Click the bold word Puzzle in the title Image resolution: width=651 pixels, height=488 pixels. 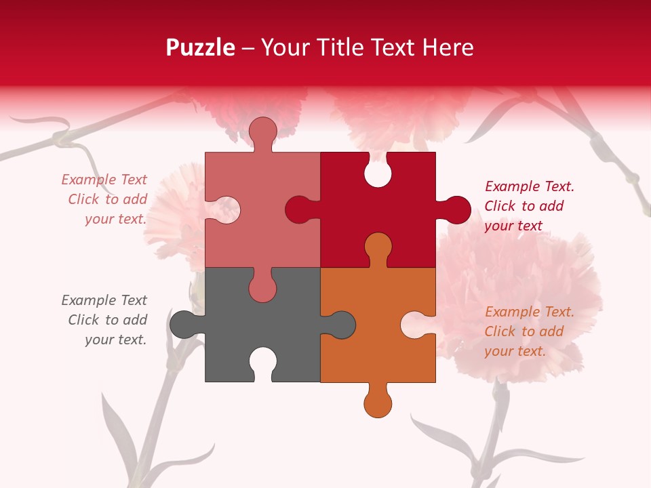201,47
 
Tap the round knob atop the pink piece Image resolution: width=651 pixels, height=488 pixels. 262,131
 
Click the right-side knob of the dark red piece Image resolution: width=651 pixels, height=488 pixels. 455,209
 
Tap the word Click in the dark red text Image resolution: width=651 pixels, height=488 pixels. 499,206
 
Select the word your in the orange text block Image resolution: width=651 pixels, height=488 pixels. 499,351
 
